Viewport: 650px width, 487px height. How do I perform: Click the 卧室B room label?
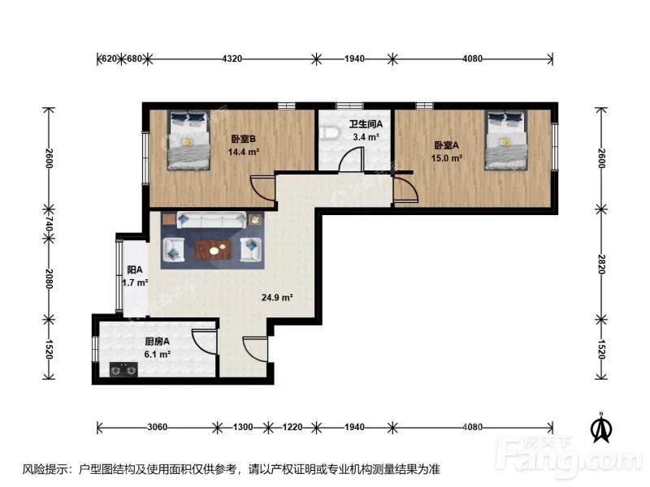coord(243,139)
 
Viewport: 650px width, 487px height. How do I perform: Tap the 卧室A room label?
coord(446,145)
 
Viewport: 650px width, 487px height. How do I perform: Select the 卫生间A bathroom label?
coord(366,124)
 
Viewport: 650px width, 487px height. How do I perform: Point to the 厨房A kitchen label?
coord(157,342)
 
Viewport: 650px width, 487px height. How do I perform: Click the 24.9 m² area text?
coord(277,297)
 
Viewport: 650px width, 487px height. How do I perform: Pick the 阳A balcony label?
coord(135,270)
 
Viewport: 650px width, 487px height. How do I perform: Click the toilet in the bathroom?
coord(330,133)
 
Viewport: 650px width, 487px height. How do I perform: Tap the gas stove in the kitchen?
coord(123,369)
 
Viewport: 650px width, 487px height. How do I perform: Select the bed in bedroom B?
coord(188,140)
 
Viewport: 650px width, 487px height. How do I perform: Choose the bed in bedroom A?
coord(506,140)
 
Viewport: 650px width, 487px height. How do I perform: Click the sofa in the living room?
coord(211,220)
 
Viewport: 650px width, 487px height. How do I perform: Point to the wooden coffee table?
coord(213,250)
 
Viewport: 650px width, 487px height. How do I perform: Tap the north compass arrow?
coord(601,428)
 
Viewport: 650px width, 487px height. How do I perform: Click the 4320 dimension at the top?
coord(232,58)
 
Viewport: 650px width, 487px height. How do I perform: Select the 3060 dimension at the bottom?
coord(158,427)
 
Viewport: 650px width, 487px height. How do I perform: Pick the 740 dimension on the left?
coord(49,224)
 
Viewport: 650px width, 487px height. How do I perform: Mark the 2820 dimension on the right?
coord(601,265)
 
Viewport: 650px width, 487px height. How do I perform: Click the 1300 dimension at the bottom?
coord(243,427)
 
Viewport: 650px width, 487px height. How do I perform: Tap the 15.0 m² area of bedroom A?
coord(446,158)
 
